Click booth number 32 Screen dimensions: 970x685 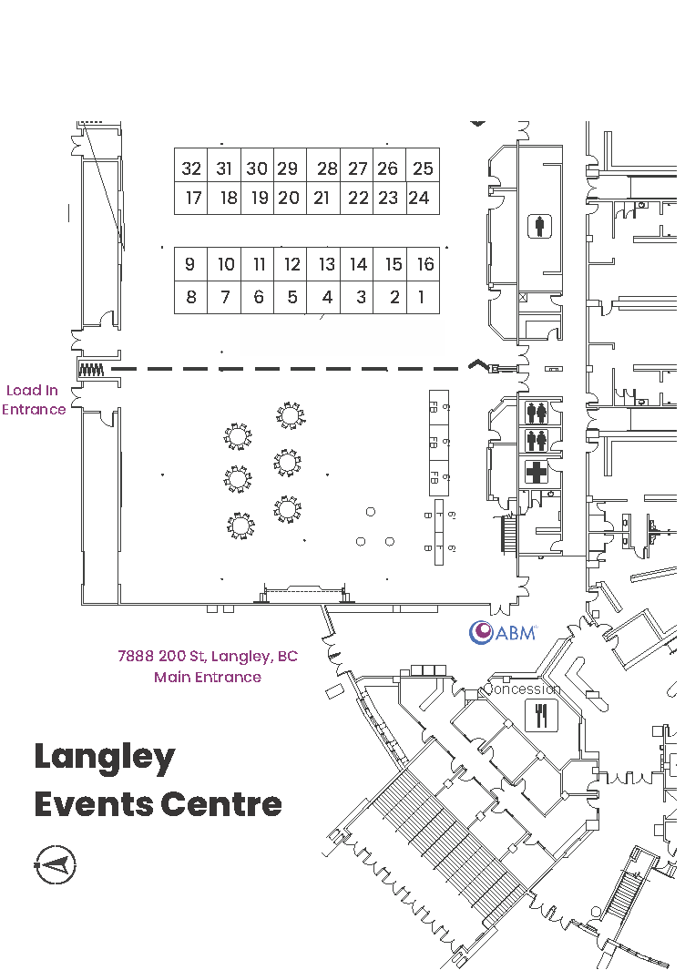coord(191,168)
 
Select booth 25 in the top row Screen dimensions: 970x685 coord(423,168)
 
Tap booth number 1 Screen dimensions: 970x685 coord(422,297)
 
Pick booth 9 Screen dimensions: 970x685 coord(189,265)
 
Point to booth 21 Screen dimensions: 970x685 coord(321,198)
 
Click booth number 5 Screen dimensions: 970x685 coord(292,297)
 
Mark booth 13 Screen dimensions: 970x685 coord(326,265)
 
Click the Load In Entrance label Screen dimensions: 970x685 coord(34,400)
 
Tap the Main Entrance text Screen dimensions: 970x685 coord(208,677)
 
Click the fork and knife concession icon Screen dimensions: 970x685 coord(542,716)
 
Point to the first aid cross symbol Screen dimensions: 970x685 coord(537,473)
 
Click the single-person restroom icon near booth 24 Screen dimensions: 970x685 coord(541,225)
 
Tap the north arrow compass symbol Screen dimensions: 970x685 coord(56,863)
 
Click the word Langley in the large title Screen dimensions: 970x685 coord(105,758)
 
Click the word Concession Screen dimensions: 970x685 coord(523,689)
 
